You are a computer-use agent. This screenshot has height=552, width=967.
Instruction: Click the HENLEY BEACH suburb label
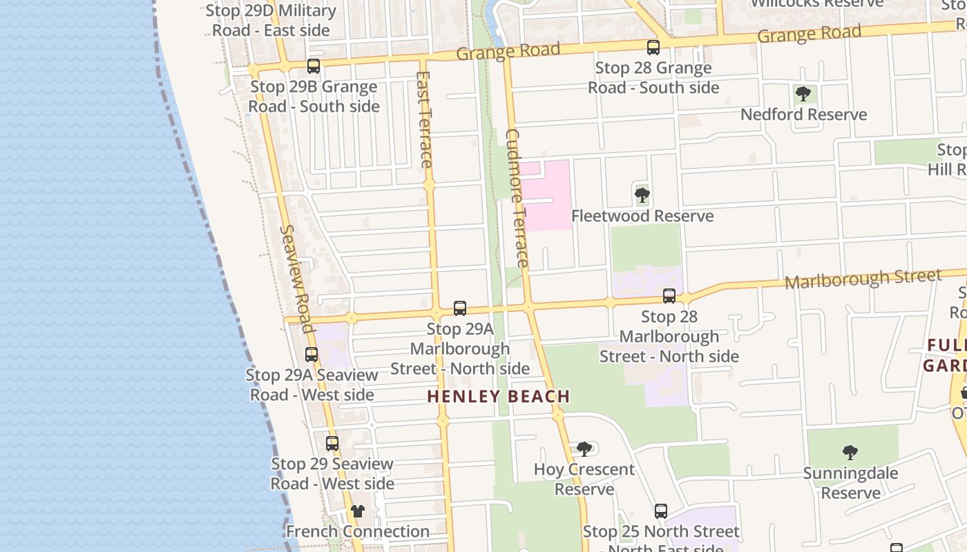[x=498, y=396]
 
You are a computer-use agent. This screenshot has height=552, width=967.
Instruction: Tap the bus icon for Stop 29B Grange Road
[x=314, y=66]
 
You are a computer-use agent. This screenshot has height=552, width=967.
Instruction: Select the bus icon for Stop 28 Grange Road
[x=653, y=48]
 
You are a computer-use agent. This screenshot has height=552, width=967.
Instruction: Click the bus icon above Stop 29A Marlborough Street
[x=460, y=308]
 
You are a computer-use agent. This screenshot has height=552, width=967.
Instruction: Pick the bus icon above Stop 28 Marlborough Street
[x=669, y=296]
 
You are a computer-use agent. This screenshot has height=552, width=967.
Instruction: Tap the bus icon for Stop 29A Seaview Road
[x=312, y=355]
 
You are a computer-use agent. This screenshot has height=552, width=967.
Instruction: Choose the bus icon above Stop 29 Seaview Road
[x=332, y=443]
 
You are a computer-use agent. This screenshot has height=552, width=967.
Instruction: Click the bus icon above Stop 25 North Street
[x=661, y=511]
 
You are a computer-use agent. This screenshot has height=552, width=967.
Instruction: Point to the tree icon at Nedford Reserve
[x=803, y=94]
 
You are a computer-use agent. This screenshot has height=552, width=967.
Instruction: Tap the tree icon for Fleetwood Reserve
[x=642, y=195]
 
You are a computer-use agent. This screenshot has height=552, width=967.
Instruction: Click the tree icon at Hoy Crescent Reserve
[x=584, y=449]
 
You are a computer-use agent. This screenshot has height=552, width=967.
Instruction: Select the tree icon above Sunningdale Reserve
[x=850, y=453]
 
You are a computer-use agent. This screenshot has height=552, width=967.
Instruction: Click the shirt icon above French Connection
[x=357, y=511]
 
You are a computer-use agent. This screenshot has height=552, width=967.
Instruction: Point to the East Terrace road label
[x=425, y=119]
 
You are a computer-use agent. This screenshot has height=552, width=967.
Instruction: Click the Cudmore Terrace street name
[x=517, y=198]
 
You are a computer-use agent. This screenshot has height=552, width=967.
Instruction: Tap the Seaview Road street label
[x=298, y=273]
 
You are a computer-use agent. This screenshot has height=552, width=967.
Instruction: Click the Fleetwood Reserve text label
[x=642, y=216]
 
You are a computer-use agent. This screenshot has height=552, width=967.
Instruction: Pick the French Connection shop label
[x=357, y=531]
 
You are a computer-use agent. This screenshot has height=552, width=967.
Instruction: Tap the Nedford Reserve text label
[x=803, y=115]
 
